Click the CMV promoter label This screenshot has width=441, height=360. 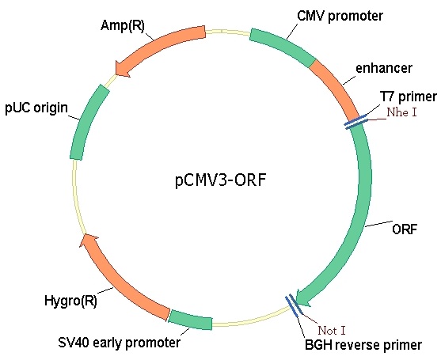click(340, 16)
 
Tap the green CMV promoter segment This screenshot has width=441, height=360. click(283, 46)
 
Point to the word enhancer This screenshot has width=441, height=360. click(384, 68)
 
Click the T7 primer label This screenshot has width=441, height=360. click(409, 97)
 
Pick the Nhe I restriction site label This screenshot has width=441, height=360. click(401, 112)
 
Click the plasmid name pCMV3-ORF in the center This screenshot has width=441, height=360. click(220, 180)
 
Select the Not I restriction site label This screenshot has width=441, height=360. click(332, 331)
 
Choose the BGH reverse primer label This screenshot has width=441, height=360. click(363, 344)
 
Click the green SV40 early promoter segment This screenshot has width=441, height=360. click(190, 319)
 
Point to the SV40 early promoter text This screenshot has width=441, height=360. click(120, 343)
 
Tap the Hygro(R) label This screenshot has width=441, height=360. click(70, 301)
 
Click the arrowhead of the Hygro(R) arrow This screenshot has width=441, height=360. click(88, 240)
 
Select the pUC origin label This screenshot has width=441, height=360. click(36, 108)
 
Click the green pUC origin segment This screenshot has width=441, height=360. click(88, 121)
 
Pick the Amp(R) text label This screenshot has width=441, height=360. click(123, 25)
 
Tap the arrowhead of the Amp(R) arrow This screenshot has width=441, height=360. click(121, 69)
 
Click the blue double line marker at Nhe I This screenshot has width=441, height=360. click(356, 122)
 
